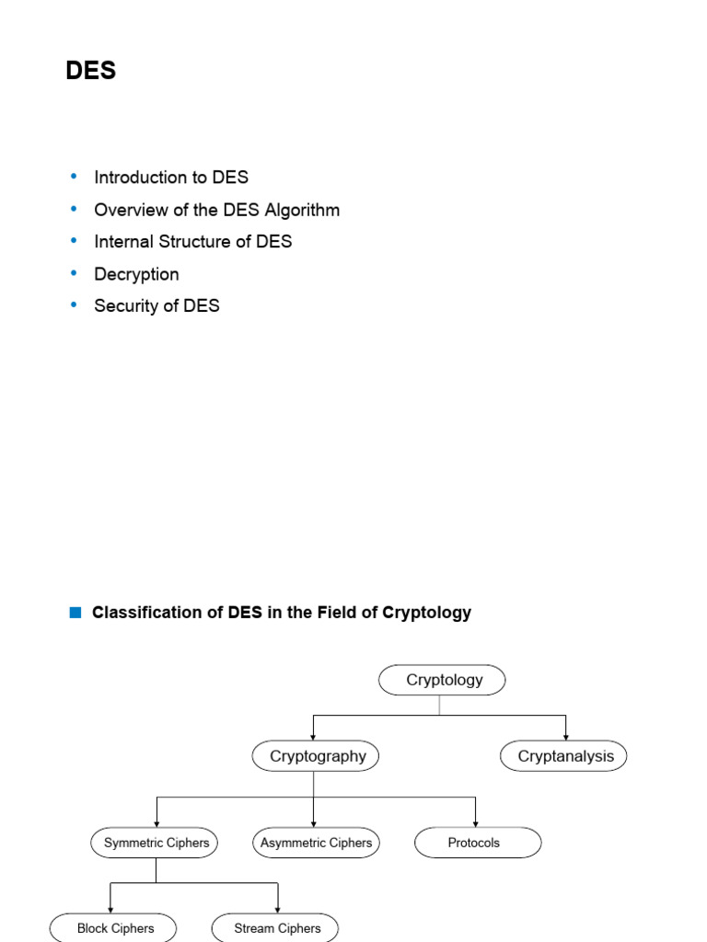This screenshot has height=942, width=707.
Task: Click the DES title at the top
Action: click(x=91, y=71)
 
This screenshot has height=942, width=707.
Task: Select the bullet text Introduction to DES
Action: click(x=171, y=178)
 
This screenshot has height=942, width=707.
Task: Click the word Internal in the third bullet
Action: click(x=123, y=242)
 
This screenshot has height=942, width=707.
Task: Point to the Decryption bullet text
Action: click(x=136, y=274)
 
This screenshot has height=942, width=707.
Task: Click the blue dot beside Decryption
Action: click(x=75, y=273)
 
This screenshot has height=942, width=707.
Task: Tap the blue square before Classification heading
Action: click(x=75, y=613)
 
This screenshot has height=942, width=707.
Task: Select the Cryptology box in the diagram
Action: click(x=443, y=681)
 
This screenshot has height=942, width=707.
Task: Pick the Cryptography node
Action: click(x=317, y=757)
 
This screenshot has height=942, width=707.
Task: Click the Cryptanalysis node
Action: click(x=564, y=757)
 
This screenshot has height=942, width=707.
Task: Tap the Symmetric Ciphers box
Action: click(x=156, y=843)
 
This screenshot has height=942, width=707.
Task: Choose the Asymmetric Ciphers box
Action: click(x=316, y=843)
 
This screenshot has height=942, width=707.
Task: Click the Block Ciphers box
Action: click(x=114, y=927)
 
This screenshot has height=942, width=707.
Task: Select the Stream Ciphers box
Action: click(x=276, y=927)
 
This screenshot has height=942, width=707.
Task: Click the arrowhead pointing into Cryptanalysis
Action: click(x=565, y=737)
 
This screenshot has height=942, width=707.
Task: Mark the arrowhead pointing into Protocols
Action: click(x=476, y=822)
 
